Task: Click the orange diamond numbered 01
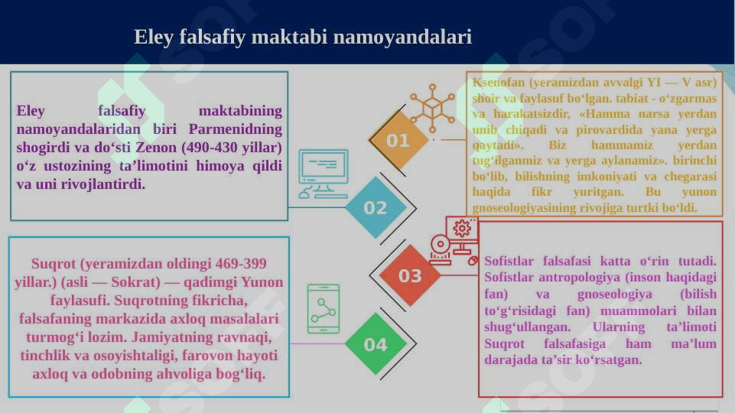pos(398,141)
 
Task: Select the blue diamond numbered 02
pos(375,208)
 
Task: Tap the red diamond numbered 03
pos(410,276)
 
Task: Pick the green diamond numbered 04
pos(375,345)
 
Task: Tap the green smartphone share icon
pos(323,309)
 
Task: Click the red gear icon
pos(461,228)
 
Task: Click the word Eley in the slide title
pos(151,37)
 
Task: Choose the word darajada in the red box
pos(511,359)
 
